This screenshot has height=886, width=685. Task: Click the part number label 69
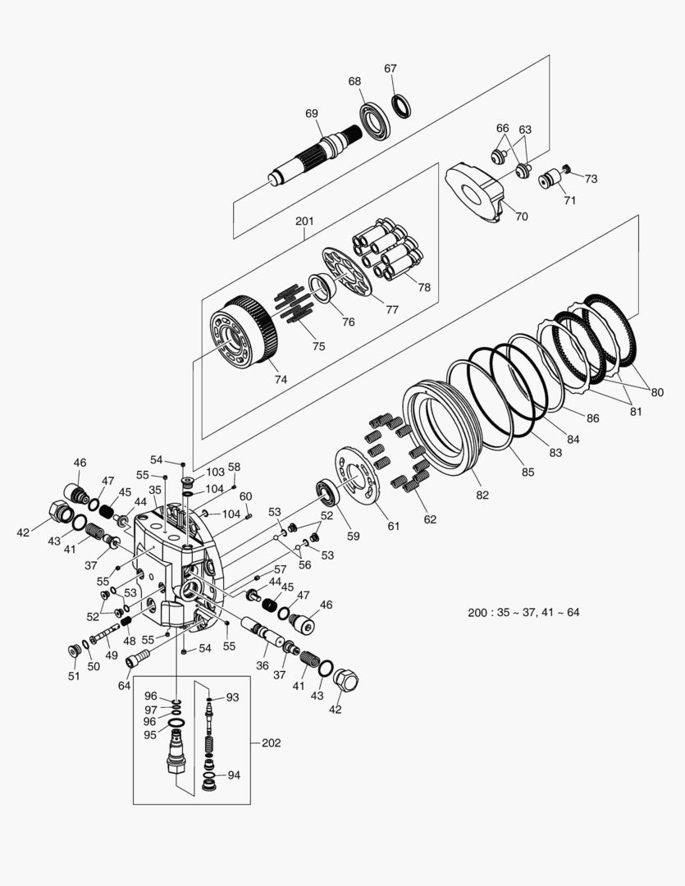[312, 113]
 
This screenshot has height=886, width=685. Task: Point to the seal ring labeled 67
[401, 106]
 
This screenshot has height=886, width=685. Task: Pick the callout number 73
[591, 178]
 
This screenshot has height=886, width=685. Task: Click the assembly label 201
[304, 221]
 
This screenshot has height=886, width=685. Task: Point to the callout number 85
[527, 472]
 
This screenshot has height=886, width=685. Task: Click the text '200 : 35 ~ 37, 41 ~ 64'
[523, 612]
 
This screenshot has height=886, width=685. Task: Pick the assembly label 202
[271, 743]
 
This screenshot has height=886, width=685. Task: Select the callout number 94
[234, 774]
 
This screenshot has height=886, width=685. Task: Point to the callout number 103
[215, 472]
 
